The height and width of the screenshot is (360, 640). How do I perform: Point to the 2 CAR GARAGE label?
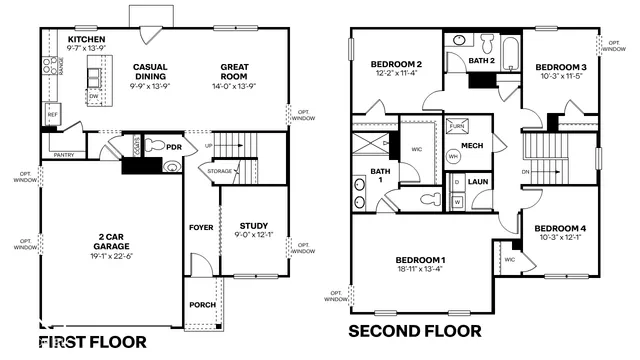(111, 240)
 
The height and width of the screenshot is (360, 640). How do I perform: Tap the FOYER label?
(201, 227)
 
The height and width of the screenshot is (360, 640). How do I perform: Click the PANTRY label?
(63, 155)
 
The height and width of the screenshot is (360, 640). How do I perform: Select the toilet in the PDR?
(154, 146)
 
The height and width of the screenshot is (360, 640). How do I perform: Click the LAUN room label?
(478, 182)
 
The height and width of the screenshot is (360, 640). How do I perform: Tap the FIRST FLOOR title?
(93, 342)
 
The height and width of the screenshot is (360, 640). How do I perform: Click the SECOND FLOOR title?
(414, 331)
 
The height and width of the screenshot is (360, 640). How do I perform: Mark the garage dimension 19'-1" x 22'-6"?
(111, 254)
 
